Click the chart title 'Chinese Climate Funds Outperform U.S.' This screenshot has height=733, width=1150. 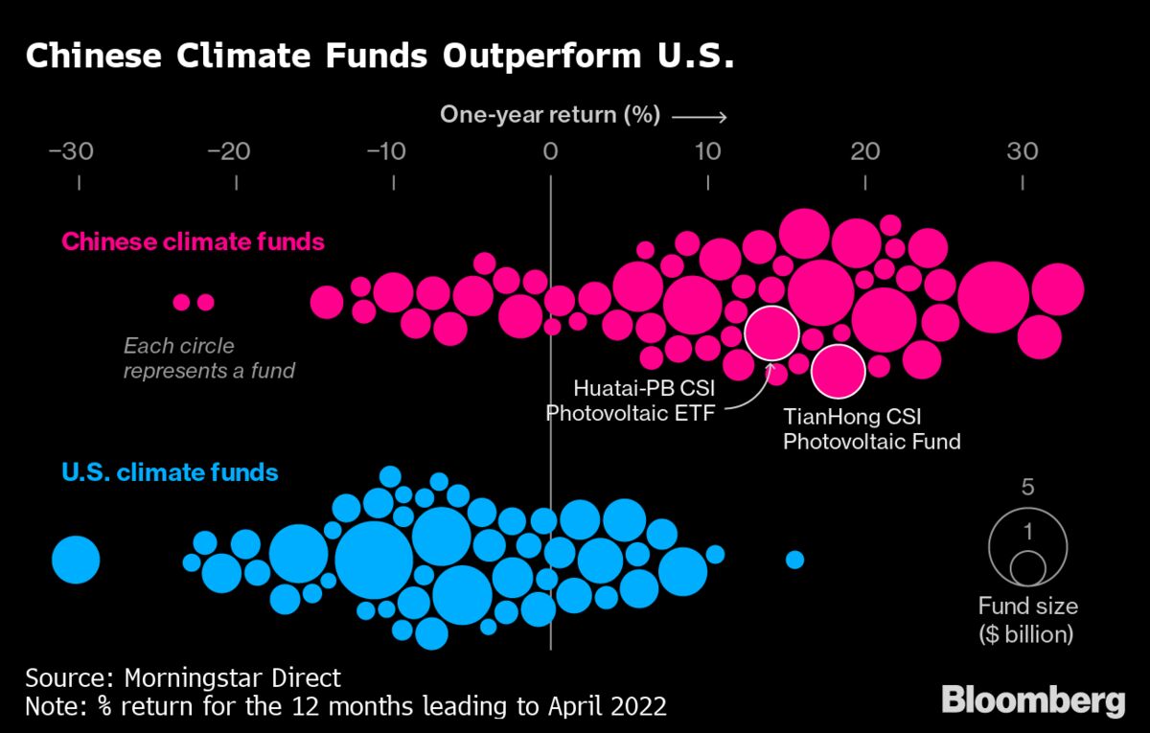[379, 57]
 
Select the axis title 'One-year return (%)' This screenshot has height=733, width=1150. [550, 116]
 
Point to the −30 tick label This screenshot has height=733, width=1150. [78, 151]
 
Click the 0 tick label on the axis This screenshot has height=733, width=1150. [550, 151]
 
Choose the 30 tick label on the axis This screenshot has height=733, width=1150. [1023, 151]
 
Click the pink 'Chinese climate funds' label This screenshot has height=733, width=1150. [194, 241]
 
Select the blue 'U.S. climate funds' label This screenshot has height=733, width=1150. [170, 472]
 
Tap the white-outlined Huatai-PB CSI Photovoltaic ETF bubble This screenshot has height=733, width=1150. [771, 332]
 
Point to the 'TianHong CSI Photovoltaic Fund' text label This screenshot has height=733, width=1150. [871, 429]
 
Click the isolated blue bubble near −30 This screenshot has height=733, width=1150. [75, 560]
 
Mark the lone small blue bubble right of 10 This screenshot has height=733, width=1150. [794, 560]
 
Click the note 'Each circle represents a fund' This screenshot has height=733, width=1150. [208, 358]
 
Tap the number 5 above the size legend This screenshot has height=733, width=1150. [1027, 487]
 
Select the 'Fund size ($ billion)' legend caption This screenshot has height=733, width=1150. [1027, 620]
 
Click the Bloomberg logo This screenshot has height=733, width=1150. [1033, 700]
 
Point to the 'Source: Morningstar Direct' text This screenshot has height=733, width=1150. [183, 678]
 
